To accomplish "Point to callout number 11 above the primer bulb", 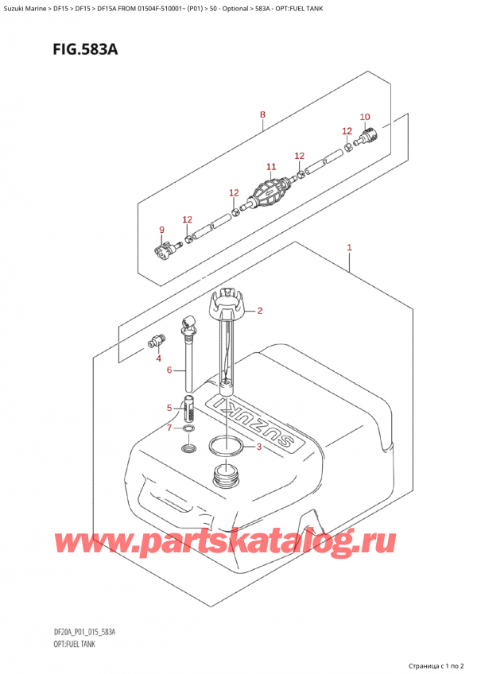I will click(x=270, y=167).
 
